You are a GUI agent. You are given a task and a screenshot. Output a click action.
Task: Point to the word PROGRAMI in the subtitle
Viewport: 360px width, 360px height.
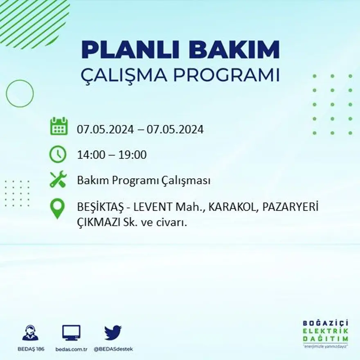[x=228, y=75]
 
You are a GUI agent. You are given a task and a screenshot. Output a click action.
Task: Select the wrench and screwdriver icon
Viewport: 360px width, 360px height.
[x=58, y=180]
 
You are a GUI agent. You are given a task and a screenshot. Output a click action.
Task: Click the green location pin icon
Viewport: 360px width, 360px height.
[x=57, y=209]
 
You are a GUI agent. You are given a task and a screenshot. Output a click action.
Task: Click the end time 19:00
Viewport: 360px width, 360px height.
[x=133, y=155]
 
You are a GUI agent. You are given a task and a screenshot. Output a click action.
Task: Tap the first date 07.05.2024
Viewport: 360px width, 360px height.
[x=105, y=130]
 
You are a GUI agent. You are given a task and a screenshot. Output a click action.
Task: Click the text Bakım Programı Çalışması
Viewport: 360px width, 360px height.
[x=144, y=180]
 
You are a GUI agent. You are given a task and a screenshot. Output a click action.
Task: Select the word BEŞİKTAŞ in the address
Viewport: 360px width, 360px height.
[x=98, y=207]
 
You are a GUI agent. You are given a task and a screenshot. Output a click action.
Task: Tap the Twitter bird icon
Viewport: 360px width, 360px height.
[x=113, y=333]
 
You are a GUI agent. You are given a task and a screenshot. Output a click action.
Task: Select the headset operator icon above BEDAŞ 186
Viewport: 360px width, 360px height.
[x=30, y=333]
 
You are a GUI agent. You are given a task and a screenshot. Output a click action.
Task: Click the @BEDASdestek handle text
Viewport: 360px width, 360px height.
[x=113, y=349]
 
